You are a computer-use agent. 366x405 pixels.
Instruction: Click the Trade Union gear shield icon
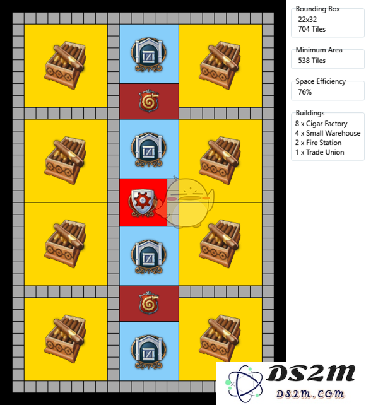143,203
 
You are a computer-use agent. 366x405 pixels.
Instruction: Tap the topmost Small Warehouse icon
148,54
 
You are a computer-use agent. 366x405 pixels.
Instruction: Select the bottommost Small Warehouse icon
148,352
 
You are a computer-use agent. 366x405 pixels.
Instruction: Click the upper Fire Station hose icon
149,101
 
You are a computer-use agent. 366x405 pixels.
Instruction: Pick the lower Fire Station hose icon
149,303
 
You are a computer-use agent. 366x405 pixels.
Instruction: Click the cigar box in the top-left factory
65,65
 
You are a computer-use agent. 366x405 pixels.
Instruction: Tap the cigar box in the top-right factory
220,65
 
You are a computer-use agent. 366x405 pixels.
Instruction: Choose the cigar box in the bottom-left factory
65,339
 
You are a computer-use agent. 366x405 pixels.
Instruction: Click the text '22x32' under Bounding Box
307,20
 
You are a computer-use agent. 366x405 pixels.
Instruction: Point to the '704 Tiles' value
312,29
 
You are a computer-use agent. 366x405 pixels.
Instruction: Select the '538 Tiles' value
312,61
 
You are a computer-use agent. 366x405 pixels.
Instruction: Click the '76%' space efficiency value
305,92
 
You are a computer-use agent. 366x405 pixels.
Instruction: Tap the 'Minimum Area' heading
319,50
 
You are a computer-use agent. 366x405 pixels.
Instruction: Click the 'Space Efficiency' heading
321,81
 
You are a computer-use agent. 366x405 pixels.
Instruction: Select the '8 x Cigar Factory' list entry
321,124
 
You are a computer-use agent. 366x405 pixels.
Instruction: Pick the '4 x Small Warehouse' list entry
328,133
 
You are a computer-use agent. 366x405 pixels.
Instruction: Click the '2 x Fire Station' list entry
318,143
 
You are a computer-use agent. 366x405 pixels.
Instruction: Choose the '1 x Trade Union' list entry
319,152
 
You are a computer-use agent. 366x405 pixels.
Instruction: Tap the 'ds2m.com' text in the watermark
310,394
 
